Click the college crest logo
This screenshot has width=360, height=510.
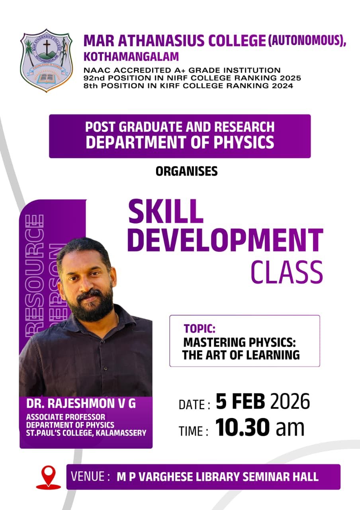(47, 60)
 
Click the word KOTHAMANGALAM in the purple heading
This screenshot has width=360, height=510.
(131, 57)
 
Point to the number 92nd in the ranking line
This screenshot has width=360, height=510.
(94, 78)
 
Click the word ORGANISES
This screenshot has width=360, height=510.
(187, 171)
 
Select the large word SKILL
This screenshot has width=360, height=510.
(166, 212)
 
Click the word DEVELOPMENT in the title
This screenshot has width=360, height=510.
(225, 240)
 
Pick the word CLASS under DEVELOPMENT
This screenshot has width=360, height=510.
(287, 272)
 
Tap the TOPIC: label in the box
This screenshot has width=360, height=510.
(200, 329)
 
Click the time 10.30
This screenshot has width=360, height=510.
(243, 428)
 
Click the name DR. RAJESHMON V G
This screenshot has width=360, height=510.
(81, 404)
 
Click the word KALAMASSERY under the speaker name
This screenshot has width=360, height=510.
(121, 433)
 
